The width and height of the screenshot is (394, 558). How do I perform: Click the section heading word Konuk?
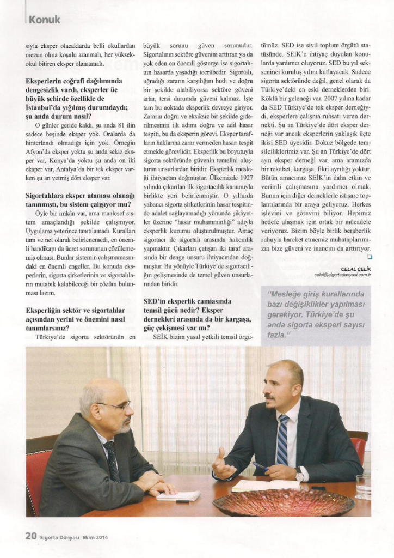(x=44, y=20)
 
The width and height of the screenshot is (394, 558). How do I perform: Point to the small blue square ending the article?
(x=369, y=256)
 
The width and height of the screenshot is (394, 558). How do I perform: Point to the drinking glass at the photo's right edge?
(x=363, y=486)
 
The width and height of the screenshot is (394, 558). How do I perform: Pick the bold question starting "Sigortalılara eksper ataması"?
(x=81, y=199)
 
